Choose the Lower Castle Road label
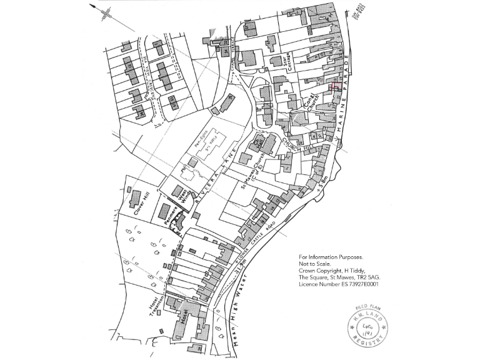(x=256, y=242)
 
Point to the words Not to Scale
(x=316, y=264)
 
